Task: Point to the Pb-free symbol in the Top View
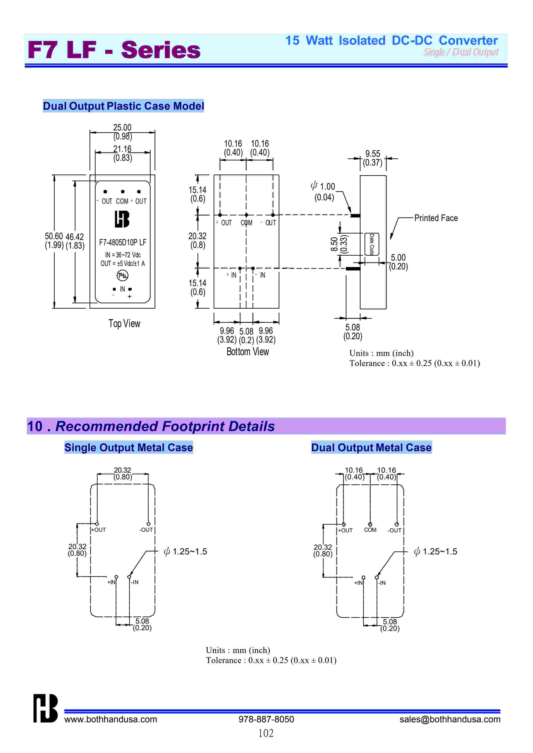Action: (x=122, y=276)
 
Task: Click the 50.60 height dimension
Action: (x=54, y=236)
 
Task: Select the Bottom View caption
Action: (x=248, y=352)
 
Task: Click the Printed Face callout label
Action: (x=436, y=218)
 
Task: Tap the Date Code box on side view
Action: (x=372, y=244)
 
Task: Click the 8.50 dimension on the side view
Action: (x=334, y=244)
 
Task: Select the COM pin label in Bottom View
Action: (x=246, y=223)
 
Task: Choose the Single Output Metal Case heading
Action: (x=128, y=448)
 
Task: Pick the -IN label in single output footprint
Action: (x=135, y=582)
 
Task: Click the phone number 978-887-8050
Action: (x=266, y=719)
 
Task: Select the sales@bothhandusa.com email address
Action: (x=450, y=719)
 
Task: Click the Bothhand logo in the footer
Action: (x=45, y=708)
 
